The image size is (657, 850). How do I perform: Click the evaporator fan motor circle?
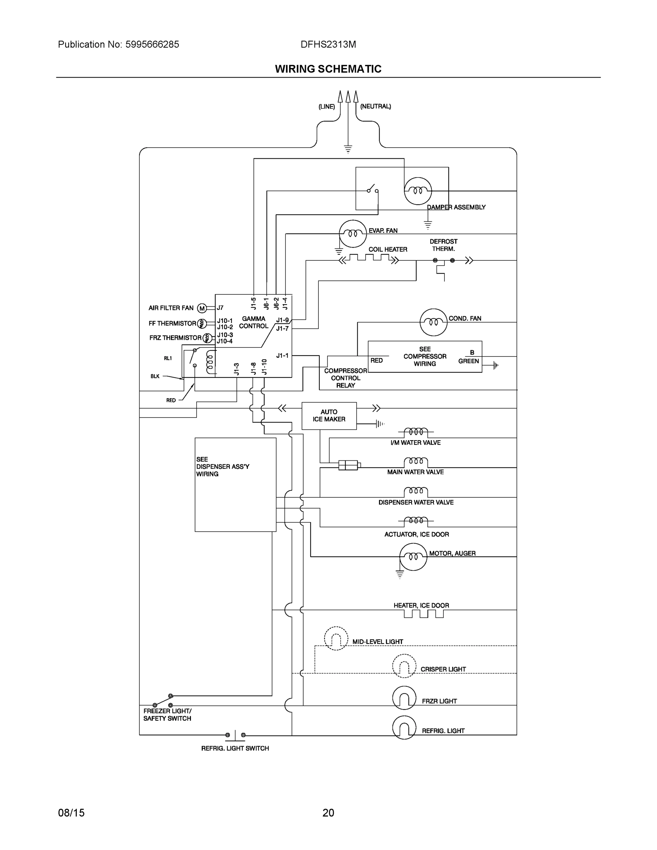353,233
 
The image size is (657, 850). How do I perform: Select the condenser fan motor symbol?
433,322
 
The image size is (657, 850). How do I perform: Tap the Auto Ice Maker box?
329,416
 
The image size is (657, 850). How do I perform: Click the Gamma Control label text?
253,322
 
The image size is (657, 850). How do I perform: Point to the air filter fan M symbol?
202,308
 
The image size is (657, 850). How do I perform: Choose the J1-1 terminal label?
282,355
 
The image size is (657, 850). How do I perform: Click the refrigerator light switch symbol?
235,735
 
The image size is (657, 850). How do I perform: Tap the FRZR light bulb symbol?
404,697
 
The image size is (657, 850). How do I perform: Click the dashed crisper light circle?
404,666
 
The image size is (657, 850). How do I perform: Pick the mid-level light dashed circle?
336,638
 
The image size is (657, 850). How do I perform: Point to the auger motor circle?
413,556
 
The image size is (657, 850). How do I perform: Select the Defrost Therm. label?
443,245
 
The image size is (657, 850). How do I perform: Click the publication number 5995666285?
152,44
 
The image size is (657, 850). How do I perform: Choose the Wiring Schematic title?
328,69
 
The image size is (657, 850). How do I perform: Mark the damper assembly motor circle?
418,191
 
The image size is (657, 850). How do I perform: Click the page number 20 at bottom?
328,813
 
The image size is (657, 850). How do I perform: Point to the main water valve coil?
416,462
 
